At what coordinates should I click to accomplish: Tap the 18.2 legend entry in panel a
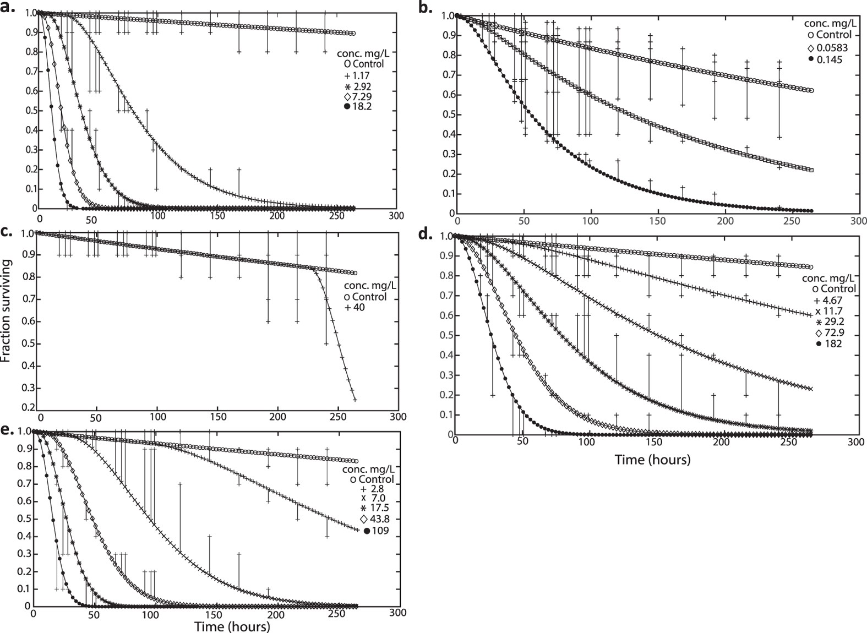click(x=358, y=107)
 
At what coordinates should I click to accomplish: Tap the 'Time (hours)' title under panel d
click(x=652, y=459)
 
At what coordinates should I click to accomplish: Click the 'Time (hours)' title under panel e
click(x=232, y=626)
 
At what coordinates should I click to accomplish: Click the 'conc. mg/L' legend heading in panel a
click(x=361, y=53)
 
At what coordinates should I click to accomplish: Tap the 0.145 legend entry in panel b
click(x=825, y=58)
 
